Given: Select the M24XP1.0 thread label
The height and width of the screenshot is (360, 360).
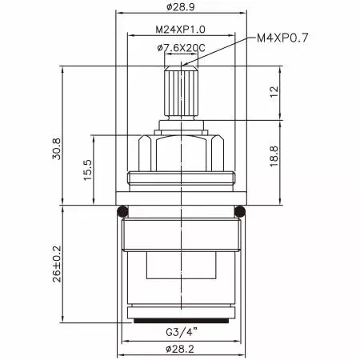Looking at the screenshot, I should (180, 30).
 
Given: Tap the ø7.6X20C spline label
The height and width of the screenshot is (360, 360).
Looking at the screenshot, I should (181, 48).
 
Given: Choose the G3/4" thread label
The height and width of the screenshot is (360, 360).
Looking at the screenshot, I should (181, 331).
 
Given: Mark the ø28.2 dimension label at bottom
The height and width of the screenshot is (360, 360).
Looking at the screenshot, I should (181, 348).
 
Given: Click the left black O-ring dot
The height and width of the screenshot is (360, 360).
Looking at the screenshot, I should (122, 211).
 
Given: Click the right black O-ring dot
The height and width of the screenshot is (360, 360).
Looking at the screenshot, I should (240, 211).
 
